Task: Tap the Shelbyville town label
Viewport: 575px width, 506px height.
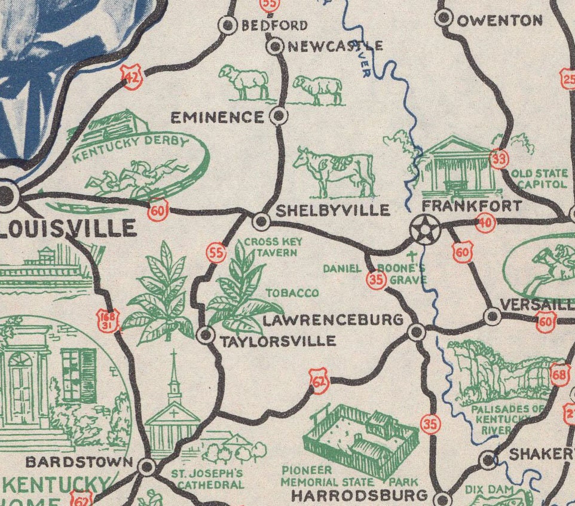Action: coord(332,210)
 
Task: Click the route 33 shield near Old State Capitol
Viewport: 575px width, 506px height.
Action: coord(498,159)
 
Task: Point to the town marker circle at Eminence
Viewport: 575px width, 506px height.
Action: coord(279,116)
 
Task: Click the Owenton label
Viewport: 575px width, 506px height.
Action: coord(500,21)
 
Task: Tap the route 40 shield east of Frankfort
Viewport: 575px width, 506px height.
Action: coord(485,223)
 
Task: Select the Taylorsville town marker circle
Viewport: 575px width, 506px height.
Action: coord(206,335)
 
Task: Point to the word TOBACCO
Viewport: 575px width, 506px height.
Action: coord(292,293)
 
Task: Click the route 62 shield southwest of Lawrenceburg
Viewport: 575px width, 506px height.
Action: coord(320,381)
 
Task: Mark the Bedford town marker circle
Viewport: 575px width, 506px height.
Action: coord(228,25)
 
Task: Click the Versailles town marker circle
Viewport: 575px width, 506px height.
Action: coord(491,317)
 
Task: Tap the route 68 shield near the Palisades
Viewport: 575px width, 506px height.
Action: coord(559,375)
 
